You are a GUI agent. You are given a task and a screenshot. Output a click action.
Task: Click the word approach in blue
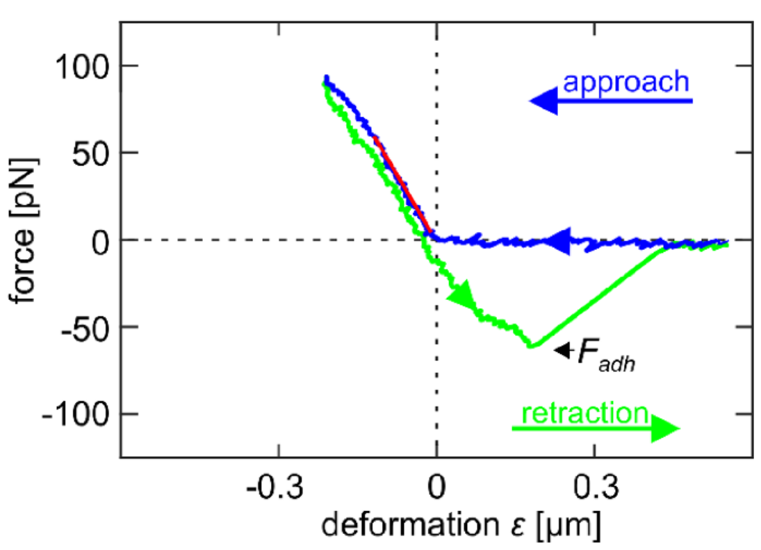[625, 83]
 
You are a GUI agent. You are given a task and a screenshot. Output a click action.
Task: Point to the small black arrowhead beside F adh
[561, 351]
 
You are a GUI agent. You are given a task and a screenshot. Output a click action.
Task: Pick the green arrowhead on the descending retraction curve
[462, 297]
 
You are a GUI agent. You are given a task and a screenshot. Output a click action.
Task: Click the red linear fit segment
[404, 185]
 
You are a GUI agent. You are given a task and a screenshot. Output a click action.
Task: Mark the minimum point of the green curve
[531, 345]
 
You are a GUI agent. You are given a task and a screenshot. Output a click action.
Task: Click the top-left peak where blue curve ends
[326, 78]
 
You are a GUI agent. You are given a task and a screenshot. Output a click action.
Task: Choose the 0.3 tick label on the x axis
[594, 486]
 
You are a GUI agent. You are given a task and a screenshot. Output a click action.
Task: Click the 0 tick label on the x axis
[436, 486]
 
